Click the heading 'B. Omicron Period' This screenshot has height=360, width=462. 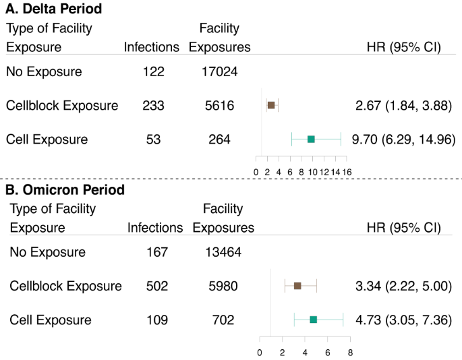tap(65, 190)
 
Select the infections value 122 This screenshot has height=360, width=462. tap(153, 71)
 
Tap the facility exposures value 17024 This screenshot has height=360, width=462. tap(219, 71)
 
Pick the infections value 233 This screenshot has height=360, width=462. tap(153, 106)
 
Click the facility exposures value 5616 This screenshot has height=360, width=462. tap(219, 106)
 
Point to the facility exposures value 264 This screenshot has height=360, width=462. tap(219, 140)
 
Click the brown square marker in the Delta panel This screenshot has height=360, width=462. tap(271, 105)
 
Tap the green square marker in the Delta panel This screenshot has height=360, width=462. tap(311, 139)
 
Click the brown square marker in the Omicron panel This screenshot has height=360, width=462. tap(297, 286)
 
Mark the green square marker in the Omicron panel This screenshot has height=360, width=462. tap(313, 320)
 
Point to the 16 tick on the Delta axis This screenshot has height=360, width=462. tap(346, 172)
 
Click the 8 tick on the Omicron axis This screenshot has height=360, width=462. tap(350, 352)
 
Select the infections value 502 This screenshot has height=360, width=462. tap(156, 286)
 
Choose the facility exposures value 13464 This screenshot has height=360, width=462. tap(223, 253)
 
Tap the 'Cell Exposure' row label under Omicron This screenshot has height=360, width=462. tap(51, 320)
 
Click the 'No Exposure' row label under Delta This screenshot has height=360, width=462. tap(44, 71)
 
